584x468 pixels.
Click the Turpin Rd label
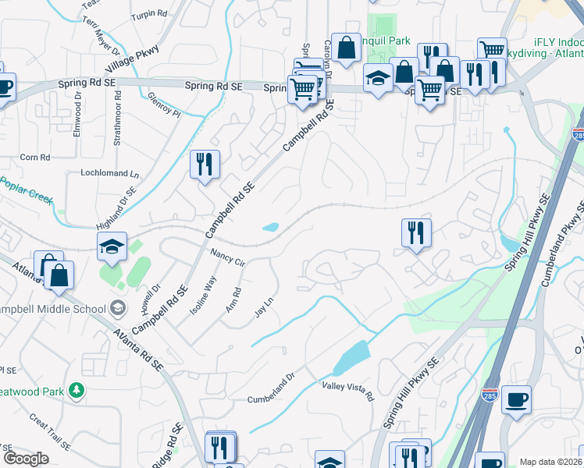pyautogui.click(x=149, y=14)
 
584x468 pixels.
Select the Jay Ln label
pyautogui.click(x=265, y=307)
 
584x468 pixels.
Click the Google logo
pyautogui.click(x=25, y=459)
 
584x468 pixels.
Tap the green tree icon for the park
pyautogui.click(x=77, y=389)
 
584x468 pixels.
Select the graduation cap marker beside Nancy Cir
pyautogui.click(x=112, y=246)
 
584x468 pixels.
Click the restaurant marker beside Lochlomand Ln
pyautogui.click(x=205, y=164)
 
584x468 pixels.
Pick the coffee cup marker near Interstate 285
pyautogui.click(x=516, y=399)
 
